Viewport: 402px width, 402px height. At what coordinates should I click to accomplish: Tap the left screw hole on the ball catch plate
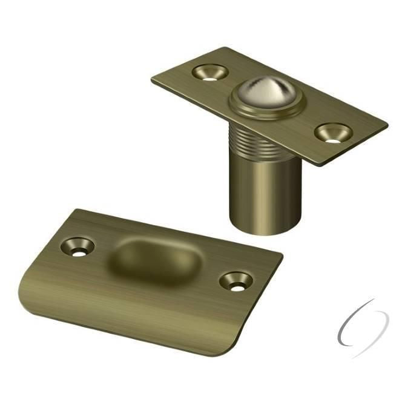click(209, 72)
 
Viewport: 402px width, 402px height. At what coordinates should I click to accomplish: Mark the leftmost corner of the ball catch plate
click(153, 79)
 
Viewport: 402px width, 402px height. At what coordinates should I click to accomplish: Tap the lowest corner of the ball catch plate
click(322, 164)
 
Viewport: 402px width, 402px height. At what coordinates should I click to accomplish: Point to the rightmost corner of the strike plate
click(282, 257)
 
